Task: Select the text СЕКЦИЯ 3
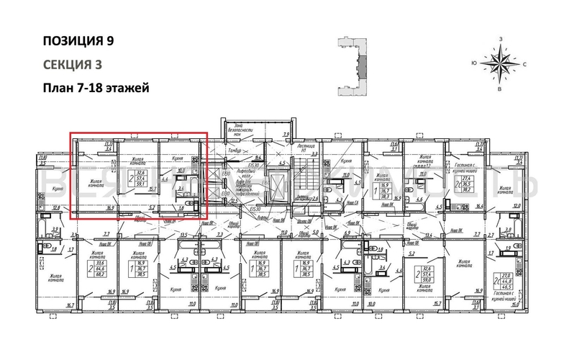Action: point(71,64)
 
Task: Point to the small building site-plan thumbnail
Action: point(353,66)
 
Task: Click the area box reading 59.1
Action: point(144,183)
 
